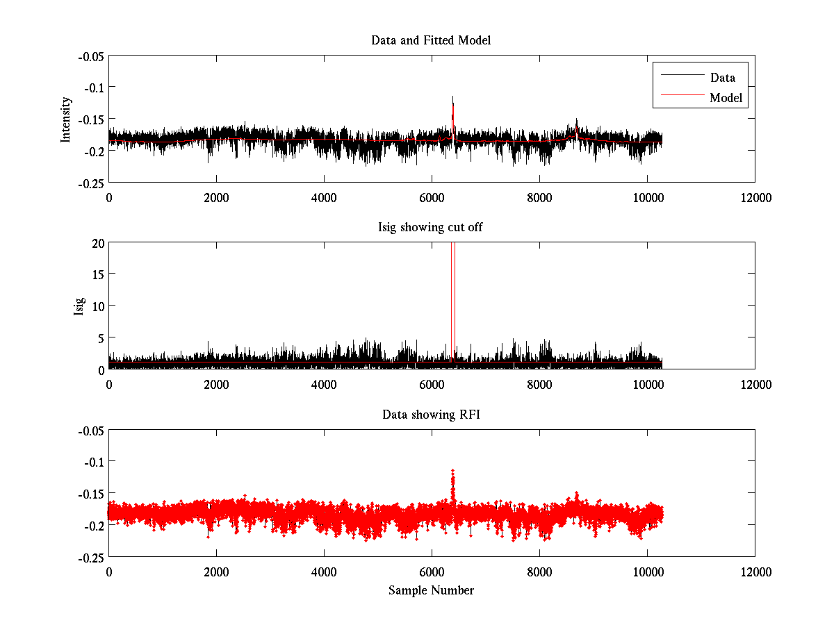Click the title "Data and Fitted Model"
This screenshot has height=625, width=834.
click(x=431, y=40)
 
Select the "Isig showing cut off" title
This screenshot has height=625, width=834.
click(x=431, y=227)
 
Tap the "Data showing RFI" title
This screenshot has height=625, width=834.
click(x=431, y=415)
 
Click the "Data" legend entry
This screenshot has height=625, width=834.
click(x=722, y=77)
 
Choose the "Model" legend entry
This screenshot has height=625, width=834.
click(x=726, y=98)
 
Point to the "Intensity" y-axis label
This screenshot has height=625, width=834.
click(x=66, y=119)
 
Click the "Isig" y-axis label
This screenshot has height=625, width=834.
click(x=79, y=306)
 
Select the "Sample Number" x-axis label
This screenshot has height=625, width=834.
click(x=431, y=590)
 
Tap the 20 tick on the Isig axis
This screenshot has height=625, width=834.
click(x=97, y=242)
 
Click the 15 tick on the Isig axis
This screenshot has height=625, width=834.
click(x=97, y=274)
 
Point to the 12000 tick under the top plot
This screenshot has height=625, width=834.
click(x=755, y=197)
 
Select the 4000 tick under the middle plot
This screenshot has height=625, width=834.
click(x=324, y=384)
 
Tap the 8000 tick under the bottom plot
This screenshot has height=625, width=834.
click(x=539, y=572)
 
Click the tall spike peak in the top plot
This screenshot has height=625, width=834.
click(x=452, y=97)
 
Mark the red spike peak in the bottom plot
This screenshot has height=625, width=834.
click(x=452, y=472)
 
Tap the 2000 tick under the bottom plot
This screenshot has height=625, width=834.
click(x=216, y=572)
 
